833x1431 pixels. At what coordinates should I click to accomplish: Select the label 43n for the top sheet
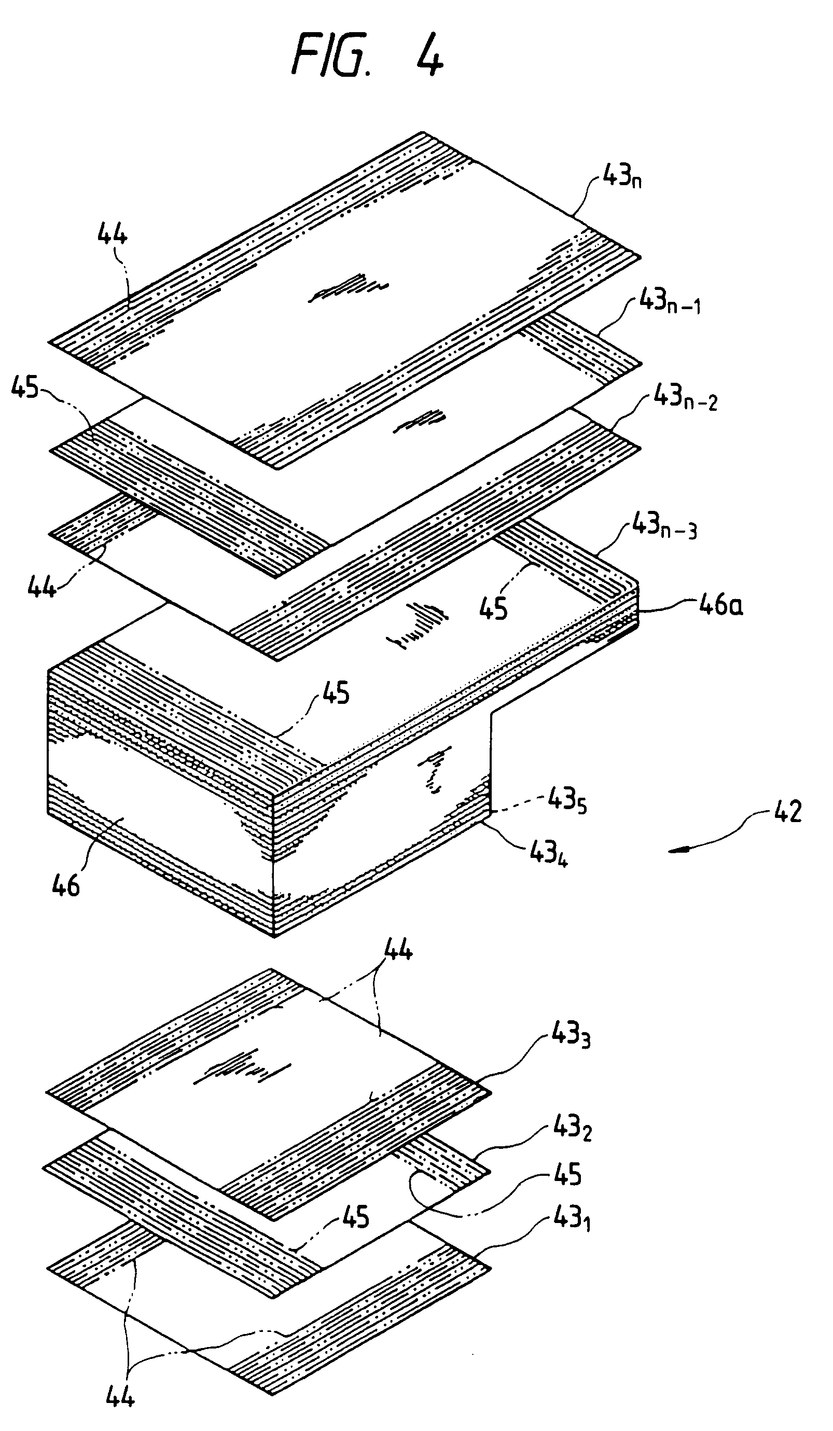click(621, 177)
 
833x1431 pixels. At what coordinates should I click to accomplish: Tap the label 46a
click(720, 605)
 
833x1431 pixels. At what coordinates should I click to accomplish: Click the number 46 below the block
click(65, 885)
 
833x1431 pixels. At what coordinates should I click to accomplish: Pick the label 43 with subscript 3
click(571, 1036)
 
